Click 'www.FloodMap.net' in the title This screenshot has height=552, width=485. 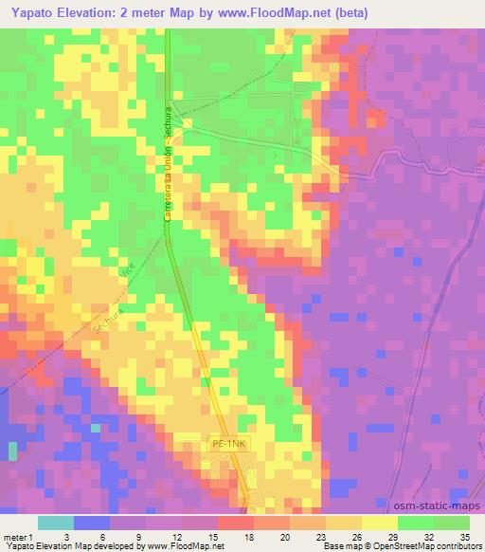[x=274, y=12]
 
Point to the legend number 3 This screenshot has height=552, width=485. [x=65, y=537]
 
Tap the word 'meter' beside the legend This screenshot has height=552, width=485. [x=17, y=537]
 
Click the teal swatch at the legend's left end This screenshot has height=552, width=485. [x=55, y=523]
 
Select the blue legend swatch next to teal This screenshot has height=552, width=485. [x=91, y=523]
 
